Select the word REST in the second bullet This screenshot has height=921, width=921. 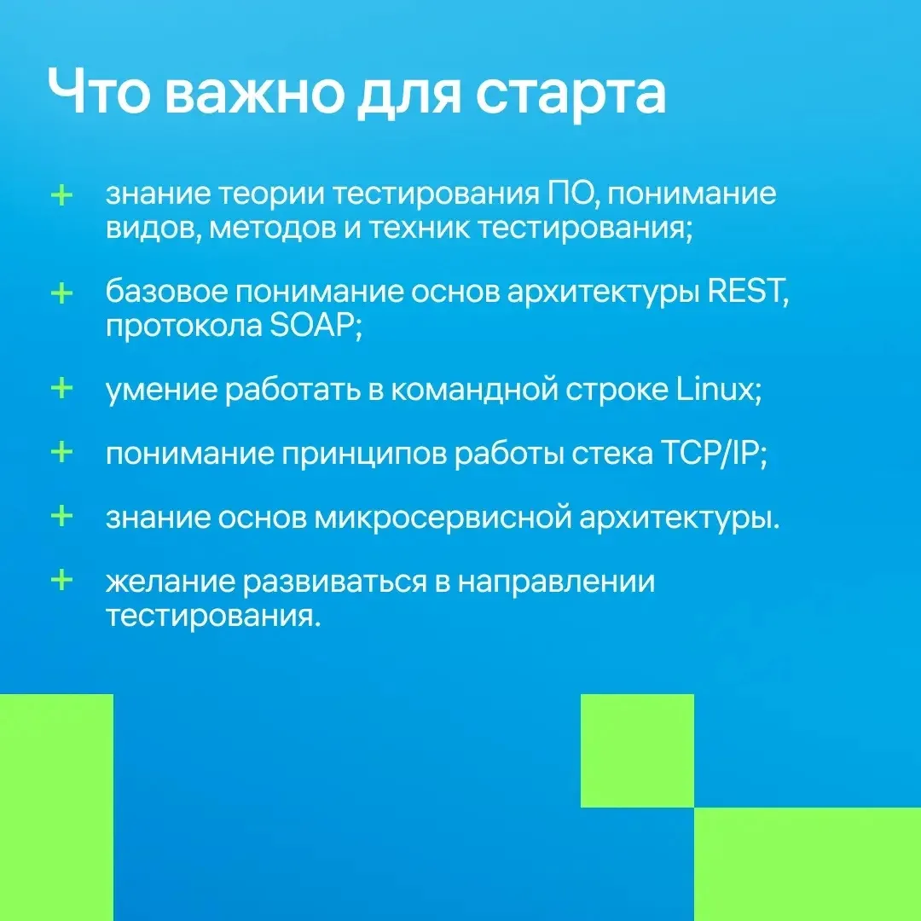[748, 290]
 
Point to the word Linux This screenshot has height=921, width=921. [719, 388]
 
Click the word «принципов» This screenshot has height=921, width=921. [364, 455]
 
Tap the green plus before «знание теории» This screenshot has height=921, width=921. [61, 195]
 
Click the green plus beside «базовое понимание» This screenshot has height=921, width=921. [61, 293]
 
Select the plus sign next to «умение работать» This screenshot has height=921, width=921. [61, 388]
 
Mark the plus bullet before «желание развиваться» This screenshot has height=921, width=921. [61, 581]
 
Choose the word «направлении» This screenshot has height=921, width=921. [556, 582]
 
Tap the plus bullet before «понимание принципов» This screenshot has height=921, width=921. [61, 452]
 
